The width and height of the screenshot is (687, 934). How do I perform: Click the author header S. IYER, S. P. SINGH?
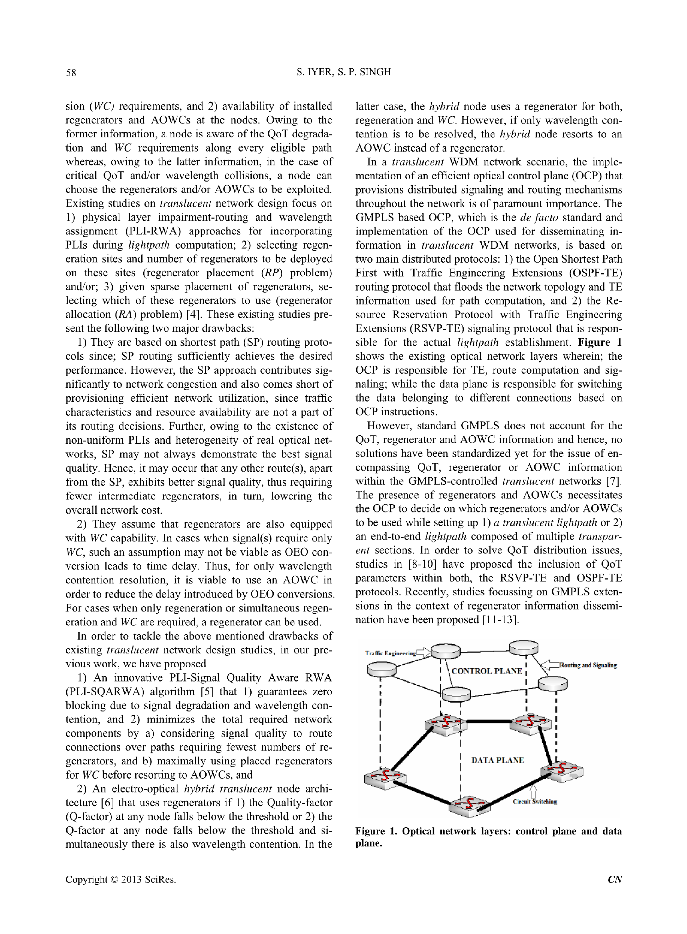pyautogui.click(x=344, y=72)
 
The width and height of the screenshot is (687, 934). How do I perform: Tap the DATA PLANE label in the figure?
pyautogui.click(x=497, y=760)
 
